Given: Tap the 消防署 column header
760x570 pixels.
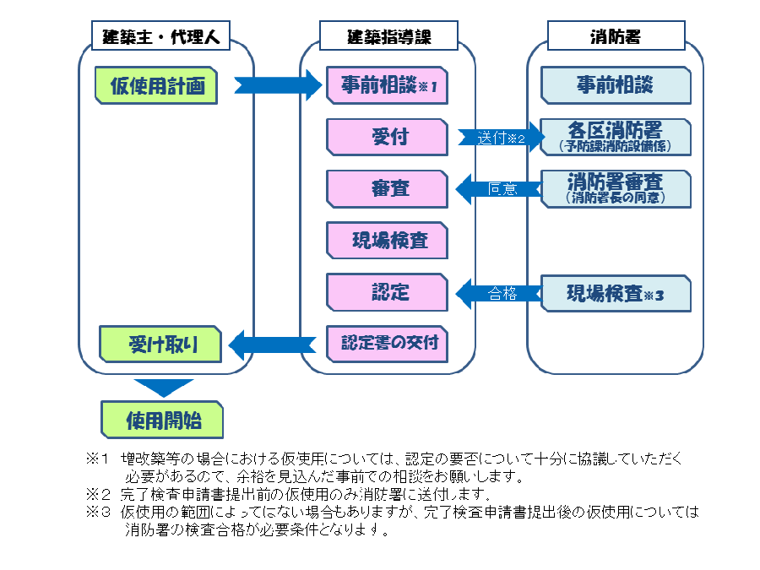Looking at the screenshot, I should coord(615,36).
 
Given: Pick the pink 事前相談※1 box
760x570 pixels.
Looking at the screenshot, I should coord(387,86).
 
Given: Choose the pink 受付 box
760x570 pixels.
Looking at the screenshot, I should coord(387,138).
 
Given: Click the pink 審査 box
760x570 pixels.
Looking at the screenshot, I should coord(387,188).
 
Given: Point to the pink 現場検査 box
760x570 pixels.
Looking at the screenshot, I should coord(387,241).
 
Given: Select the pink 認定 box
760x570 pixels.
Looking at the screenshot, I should coord(387,292).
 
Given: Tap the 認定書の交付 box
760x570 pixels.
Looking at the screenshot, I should coord(387,344).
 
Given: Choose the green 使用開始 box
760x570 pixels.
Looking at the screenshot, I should coord(162,419).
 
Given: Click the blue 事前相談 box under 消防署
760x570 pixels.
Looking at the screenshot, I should coord(615,86).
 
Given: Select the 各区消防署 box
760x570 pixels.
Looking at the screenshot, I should coord(615,138).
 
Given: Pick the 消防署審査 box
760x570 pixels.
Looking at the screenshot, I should coord(615,188).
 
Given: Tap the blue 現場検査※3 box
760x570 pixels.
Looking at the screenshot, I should coord(615,292).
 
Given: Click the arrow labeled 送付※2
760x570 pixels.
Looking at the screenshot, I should coord(499,138).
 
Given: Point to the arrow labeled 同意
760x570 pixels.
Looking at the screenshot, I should coord(499,188).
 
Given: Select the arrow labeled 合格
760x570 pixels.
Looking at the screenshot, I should coord(499,292).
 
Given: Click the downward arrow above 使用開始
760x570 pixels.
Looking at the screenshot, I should coord(164,388).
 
